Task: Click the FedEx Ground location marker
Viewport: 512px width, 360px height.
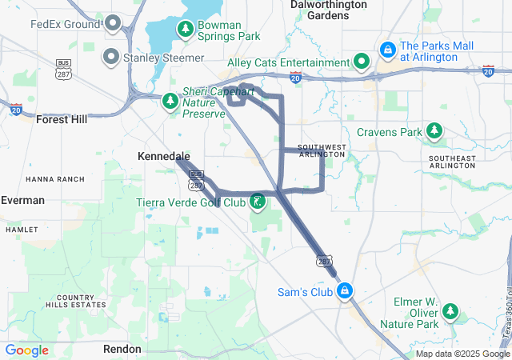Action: click(112, 23)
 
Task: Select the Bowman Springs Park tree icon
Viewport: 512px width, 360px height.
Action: click(186, 30)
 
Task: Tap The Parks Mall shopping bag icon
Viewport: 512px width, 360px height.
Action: click(387, 50)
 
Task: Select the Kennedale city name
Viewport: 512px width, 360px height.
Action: click(164, 155)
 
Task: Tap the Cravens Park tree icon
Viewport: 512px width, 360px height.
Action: click(434, 130)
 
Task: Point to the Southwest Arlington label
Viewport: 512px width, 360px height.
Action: click(322, 150)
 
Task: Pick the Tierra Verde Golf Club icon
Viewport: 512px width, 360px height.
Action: click(258, 201)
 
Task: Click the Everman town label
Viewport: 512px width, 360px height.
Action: click(22, 200)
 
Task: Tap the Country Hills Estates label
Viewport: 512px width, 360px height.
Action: click(75, 300)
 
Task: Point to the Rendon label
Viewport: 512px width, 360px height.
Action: click(122, 349)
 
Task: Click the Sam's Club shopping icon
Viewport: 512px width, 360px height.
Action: click(345, 290)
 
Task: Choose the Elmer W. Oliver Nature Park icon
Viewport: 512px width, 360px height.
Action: click(450, 310)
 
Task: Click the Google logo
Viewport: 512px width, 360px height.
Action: click(26, 350)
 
